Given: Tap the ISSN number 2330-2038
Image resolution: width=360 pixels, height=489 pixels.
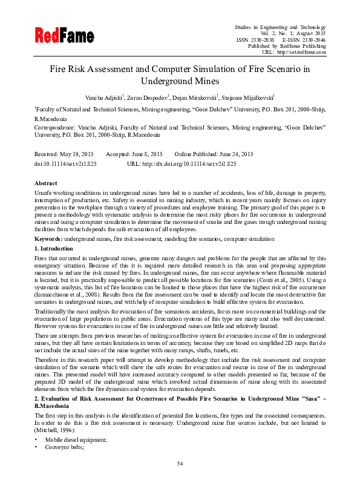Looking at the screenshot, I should point(261,39).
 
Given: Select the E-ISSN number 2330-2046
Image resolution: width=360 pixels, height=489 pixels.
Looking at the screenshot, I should point(313,39).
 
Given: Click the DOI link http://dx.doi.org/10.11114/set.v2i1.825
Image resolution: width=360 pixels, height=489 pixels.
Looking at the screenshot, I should point(190,164).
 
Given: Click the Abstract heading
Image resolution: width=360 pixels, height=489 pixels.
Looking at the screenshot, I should point(46,183).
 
